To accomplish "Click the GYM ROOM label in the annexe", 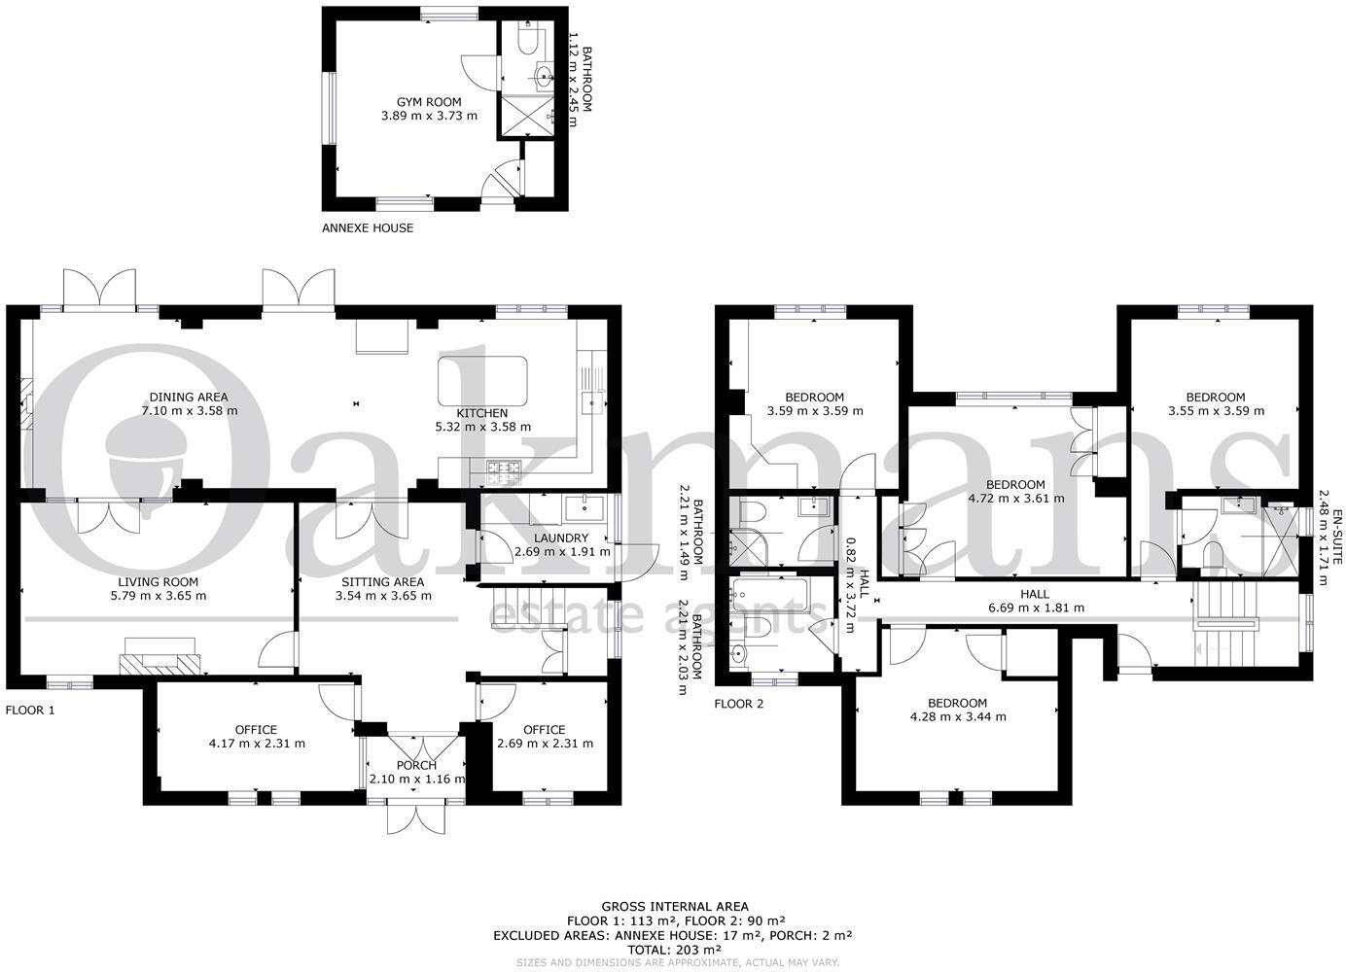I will (428, 102).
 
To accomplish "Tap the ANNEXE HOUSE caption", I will (367, 228).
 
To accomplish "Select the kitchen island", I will (482, 380).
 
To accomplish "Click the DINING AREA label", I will (189, 397).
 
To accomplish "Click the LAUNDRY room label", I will (561, 538).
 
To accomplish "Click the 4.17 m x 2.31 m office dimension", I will (257, 744).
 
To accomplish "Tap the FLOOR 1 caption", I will (30, 711).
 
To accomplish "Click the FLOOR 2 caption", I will (738, 705).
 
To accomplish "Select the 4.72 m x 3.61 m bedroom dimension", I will (1015, 499).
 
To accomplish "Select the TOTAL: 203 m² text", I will (673, 949).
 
